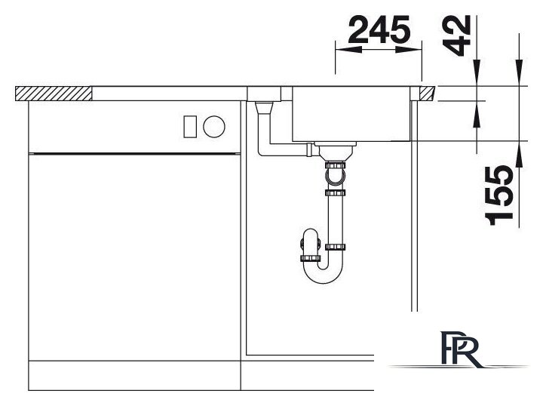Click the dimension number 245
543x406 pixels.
379,29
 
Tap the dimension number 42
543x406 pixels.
457,35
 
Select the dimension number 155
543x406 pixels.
499,195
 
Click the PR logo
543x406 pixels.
461,349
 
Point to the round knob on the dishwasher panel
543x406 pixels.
214,127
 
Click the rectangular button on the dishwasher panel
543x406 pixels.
190,127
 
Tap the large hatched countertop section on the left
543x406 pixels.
54,94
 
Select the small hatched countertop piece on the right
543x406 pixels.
427,94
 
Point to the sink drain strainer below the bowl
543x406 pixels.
335,151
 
